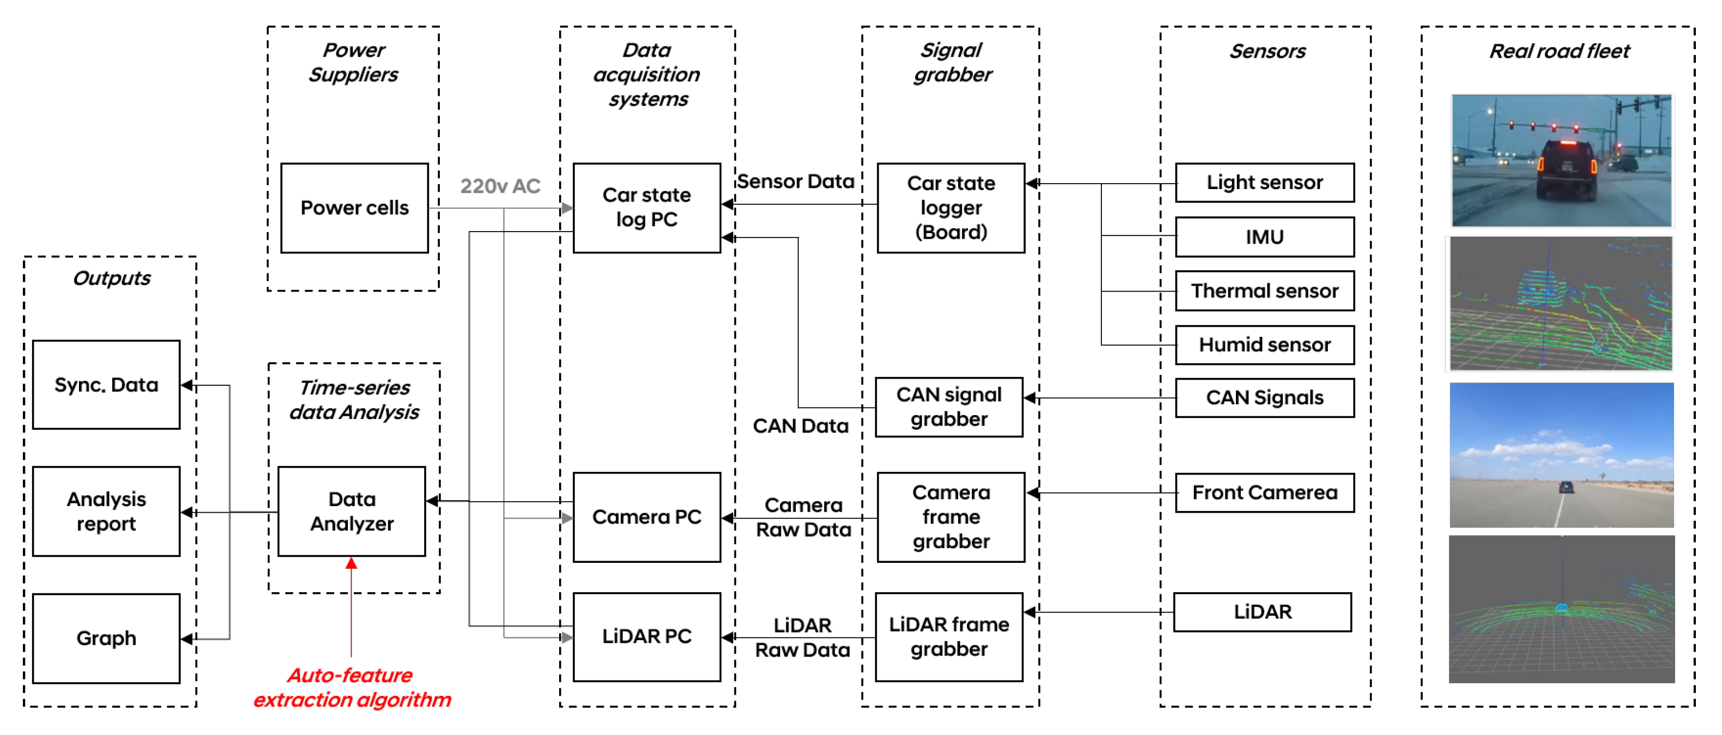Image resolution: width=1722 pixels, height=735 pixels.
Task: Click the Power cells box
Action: click(x=354, y=208)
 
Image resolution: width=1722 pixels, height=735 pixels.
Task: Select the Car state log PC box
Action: click(x=646, y=208)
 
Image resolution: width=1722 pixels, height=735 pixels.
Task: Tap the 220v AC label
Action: click(x=500, y=186)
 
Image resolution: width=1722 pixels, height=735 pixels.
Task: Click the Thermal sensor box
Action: click(x=1264, y=291)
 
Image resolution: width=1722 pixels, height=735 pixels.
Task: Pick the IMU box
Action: click(x=1264, y=237)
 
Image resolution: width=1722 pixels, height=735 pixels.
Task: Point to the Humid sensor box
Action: click(x=1264, y=345)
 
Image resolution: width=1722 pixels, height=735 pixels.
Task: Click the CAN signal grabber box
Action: click(x=948, y=406)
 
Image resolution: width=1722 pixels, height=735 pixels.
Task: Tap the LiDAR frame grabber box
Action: click(x=948, y=637)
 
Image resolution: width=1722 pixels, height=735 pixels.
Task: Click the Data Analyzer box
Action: click(x=352, y=512)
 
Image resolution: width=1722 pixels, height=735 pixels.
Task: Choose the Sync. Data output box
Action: click(x=106, y=385)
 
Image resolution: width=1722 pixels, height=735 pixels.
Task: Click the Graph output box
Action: click(x=106, y=639)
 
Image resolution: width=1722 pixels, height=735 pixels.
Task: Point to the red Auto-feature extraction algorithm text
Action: click(x=352, y=688)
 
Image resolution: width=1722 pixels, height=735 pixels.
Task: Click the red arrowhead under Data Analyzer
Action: click(x=351, y=563)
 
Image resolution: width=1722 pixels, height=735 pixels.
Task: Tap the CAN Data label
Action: click(x=800, y=426)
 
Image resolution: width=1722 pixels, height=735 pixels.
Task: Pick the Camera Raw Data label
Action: click(x=804, y=517)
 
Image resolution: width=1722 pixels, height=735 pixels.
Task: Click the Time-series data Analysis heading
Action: click(x=354, y=400)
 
